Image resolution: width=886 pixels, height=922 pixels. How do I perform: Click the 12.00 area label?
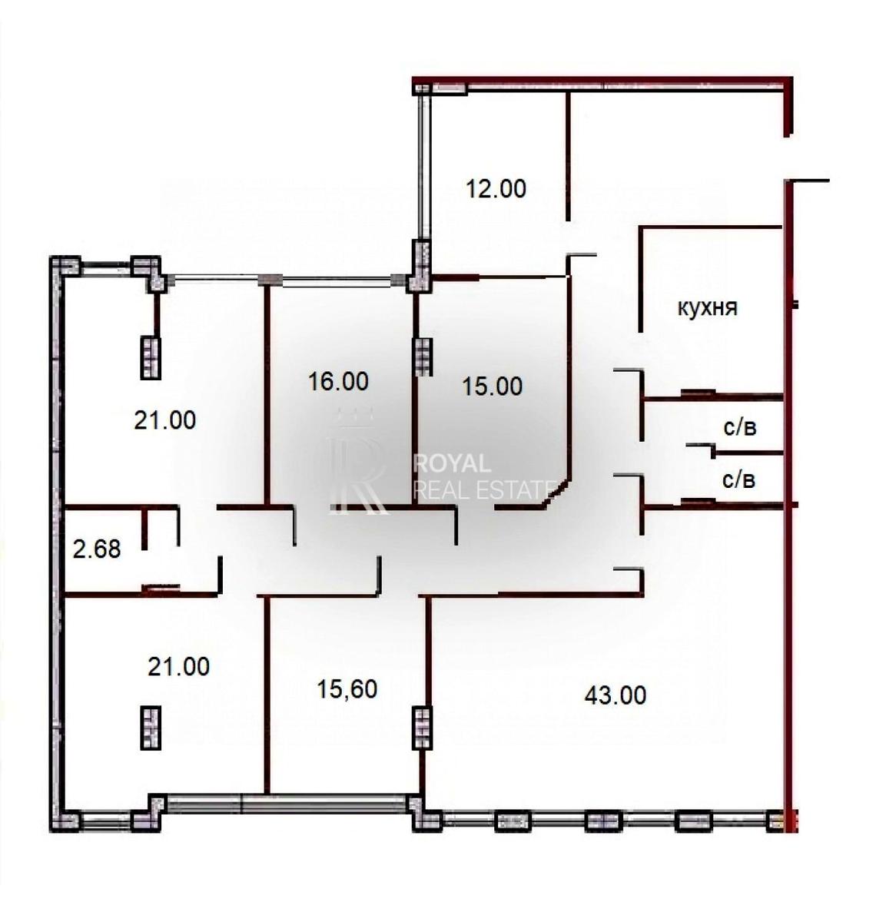tap(496, 189)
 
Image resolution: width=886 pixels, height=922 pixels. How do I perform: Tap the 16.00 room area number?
tap(338, 381)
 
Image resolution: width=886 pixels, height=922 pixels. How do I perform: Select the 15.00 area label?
tap(493, 386)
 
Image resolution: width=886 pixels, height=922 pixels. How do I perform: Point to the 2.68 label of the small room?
tap(97, 549)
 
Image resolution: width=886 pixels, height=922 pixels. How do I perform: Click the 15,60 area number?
tap(347, 689)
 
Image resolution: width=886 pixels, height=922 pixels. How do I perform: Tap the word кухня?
tap(708, 308)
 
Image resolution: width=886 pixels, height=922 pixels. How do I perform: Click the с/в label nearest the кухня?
tap(739, 427)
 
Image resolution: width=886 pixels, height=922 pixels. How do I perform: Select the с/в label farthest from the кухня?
tap(738, 480)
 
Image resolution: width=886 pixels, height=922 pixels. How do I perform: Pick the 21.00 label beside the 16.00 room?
tap(165, 420)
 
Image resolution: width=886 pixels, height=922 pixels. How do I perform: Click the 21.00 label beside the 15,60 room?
tap(178, 667)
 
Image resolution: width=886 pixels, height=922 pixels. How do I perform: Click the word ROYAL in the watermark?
tap(452, 463)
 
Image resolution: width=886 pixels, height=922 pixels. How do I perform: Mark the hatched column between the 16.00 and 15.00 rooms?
tap(423, 357)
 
